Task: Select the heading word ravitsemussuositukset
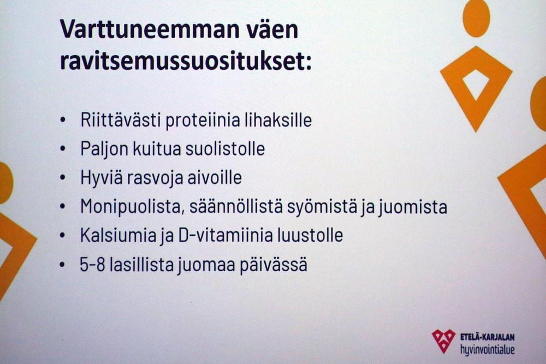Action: [186, 62]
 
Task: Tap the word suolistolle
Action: [225, 148]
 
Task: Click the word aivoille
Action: [215, 177]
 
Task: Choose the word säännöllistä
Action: [236, 206]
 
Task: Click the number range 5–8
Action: [93, 265]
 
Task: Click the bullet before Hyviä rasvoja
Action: [63, 177]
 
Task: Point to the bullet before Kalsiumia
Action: [63, 235]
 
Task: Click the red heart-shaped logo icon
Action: [443, 341]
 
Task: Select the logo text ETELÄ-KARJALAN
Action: [488, 337]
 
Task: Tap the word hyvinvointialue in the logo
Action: [488, 349]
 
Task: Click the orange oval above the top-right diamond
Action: [476, 17]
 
